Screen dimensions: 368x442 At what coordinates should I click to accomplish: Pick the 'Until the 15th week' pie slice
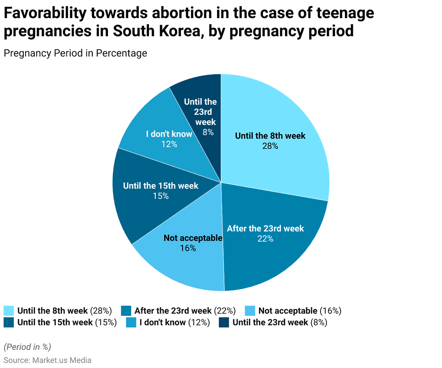pyautogui.click(x=147, y=203)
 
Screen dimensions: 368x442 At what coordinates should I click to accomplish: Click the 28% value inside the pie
pyautogui.click(x=270, y=146)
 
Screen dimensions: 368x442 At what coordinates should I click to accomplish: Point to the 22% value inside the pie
pyautogui.click(x=265, y=239)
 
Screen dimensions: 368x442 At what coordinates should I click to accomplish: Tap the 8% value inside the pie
pyautogui.click(x=208, y=132)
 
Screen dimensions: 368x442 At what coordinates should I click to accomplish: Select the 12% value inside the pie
pyautogui.click(x=169, y=144)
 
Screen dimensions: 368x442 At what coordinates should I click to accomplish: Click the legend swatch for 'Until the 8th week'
pyautogui.click(x=9, y=311)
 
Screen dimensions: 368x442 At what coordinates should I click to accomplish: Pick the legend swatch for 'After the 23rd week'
pyautogui.click(x=126, y=311)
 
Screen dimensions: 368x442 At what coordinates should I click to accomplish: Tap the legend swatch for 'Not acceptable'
pyautogui.click(x=250, y=311)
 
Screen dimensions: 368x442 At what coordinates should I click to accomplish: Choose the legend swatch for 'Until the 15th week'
pyautogui.click(x=9, y=322)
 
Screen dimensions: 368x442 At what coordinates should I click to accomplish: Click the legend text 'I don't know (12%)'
pyautogui.click(x=174, y=322)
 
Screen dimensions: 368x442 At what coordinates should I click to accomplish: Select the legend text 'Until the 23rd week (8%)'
pyautogui.click(x=280, y=322)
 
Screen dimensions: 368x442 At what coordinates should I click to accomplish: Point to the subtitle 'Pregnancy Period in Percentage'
pyautogui.click(x=75, y=53)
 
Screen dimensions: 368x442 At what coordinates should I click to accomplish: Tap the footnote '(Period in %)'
pyautogui.click(x=27, y=347)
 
